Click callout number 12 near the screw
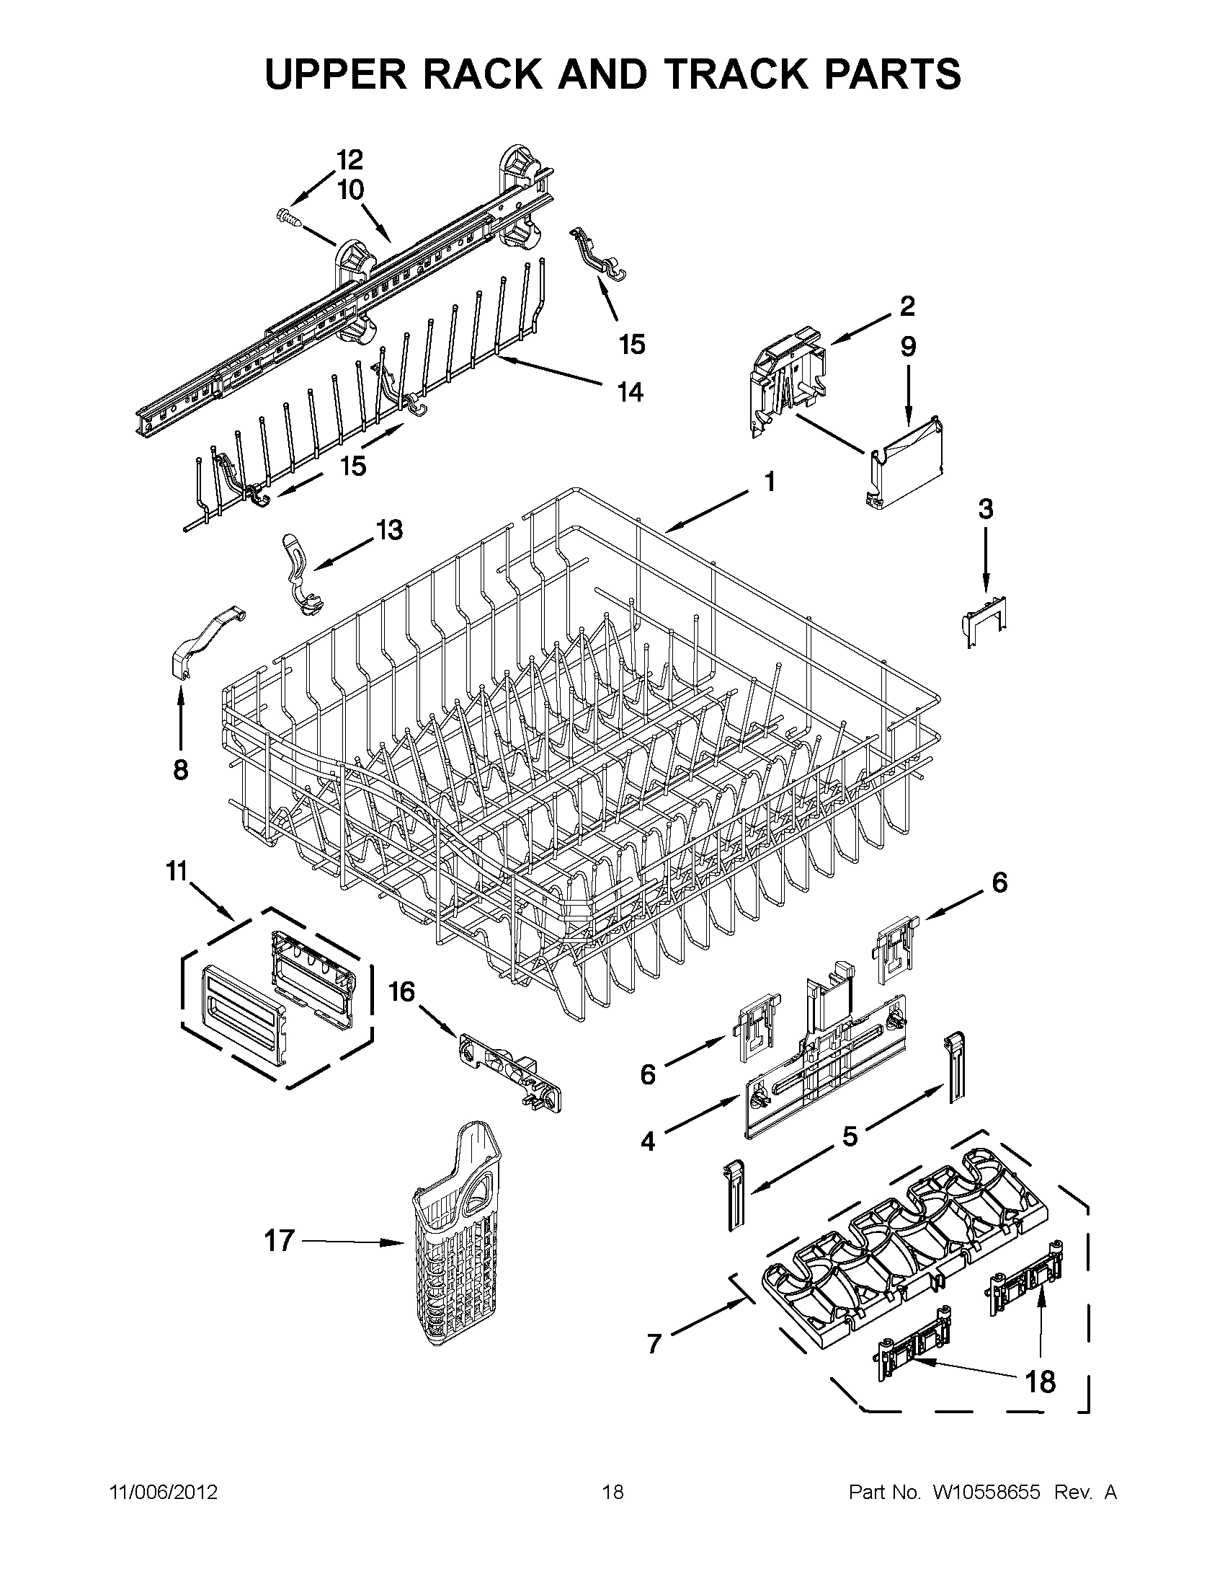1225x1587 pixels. click(x=349, y=159)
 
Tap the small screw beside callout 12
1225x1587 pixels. click(x=288, y=215)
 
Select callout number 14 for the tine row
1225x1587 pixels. click(x=630, y=392)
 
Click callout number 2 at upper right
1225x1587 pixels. click(x=907, y=306)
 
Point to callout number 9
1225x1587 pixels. click(x=908, y=348)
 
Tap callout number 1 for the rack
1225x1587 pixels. click(x=769, y=482)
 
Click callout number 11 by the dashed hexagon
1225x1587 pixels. click(x=177, y=870)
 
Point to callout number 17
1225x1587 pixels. click(x=279, y=1240)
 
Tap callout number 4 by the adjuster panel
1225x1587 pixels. click(x=648, y=1141)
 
